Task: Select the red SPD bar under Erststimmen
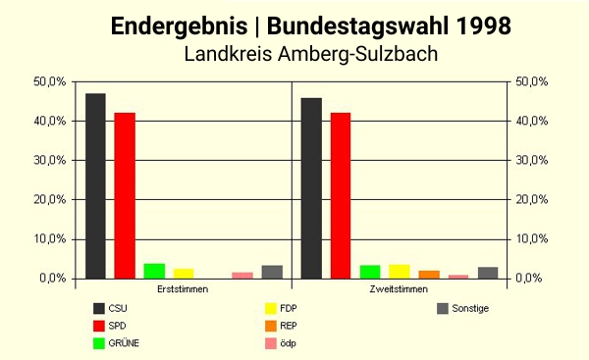point(125,195)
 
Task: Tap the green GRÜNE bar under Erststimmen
point(154,271)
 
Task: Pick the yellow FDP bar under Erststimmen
point(184,273)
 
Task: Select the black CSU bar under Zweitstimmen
point(311,187)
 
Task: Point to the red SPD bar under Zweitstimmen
point(341,195)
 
